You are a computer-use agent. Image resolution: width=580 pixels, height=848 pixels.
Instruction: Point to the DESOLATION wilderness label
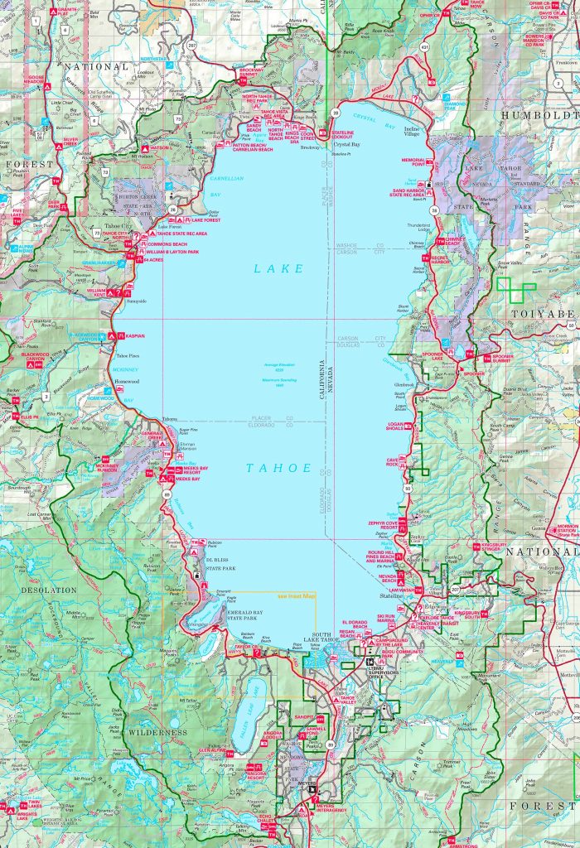pos(40,590)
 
